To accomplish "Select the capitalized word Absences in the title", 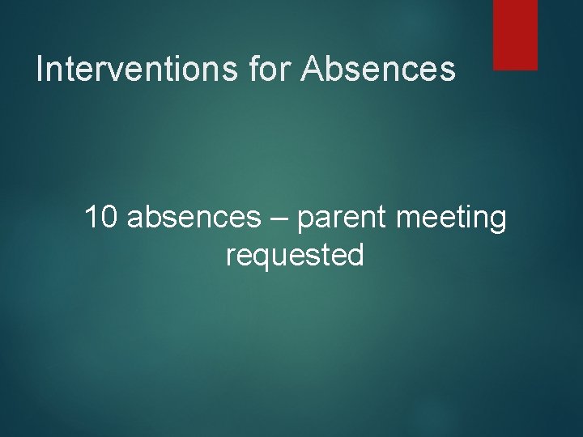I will (x=378, y=70).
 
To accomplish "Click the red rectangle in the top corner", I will (x=515, y=34).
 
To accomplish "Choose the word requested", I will (x=295, y=257).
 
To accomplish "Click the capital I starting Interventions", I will (x=40, y=70).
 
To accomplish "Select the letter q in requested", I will (x=263, y=259).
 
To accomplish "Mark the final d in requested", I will (x=355, y=256).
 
